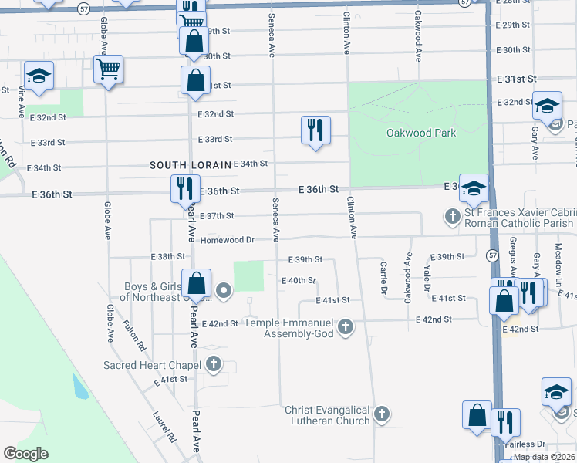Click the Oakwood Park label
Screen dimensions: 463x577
pyautogui.click(x=420, y=133)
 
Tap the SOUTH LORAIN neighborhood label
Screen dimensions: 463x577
pyautogui.click(x=190, y=165)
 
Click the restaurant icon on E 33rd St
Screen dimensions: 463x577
pyautogui.click(x=315, y=130)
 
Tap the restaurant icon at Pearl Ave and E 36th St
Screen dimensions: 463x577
pyautogui.click(x=184, y=190)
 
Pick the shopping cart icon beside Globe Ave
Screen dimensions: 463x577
pyautogui.click(x=108, y=69)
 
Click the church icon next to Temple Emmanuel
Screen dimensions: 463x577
pyautogui.click(x=346, y=326)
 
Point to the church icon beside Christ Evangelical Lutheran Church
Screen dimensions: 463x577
pyautogui.click(x=381, y=415)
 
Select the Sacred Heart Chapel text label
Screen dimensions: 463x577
pyautogui.click(x=153, y=365)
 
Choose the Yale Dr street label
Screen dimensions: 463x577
pyautogui.click(x=427, y=278)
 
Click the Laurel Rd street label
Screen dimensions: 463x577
pyautogui.click(x=165, y=426)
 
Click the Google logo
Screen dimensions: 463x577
pyautogui.click(x=25, y=454)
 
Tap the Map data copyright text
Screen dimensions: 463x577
pyautogui.click(x=544, y=457)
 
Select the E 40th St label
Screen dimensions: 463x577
pyautogui.click(x=299, y=281)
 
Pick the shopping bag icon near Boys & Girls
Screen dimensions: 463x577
pyautogui.click(x=197, y=283)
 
